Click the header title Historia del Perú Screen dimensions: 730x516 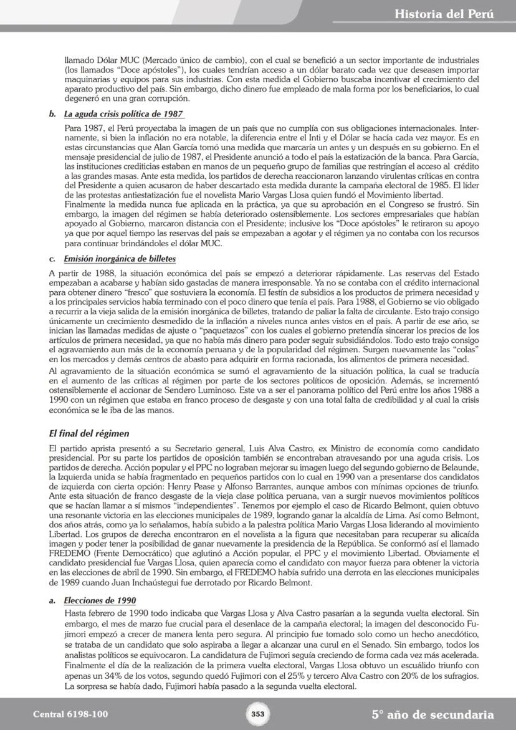coord(444,13)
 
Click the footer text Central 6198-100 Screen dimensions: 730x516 coord(70,714)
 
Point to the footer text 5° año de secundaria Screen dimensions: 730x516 coord(432,714)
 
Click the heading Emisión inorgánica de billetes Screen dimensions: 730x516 coord(119,258)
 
